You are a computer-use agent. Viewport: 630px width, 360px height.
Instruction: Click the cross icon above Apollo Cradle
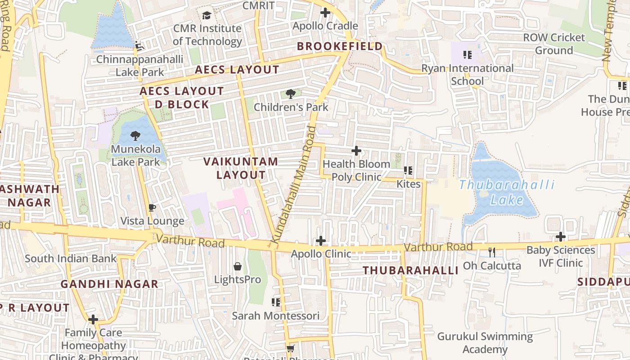click(325, 13)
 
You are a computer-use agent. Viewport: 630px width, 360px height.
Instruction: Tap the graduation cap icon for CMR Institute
click(207, 15)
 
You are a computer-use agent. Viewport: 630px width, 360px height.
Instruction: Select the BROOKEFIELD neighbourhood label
click(340, 46)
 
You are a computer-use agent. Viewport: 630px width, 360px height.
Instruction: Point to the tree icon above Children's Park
click(291, 94)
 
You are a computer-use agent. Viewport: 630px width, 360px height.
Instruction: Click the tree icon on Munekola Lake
click(135, 135)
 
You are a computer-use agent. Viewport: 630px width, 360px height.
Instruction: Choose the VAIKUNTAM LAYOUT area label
click(241, 168)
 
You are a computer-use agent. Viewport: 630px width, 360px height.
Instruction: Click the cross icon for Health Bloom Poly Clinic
click(356, 151)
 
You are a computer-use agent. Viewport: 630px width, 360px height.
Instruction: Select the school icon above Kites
click(408, 171)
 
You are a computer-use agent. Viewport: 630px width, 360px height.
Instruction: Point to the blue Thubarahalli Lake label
click(507, 192)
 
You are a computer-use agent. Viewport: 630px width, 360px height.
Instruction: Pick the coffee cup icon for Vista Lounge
click(152, 207)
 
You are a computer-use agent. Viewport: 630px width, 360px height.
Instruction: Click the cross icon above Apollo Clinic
click(320, 241)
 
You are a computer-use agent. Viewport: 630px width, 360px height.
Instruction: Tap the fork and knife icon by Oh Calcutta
click(492, 252)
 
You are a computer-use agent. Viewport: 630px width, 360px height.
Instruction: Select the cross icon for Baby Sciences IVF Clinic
click(560, 237)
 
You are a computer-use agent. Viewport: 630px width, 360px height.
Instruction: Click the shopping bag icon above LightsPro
click(238, 266)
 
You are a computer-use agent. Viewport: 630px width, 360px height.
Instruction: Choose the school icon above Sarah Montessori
click(276, 302)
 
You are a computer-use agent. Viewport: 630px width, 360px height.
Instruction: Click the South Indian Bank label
click(71, 259)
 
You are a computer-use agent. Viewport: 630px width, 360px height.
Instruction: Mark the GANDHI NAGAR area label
click(109, 284)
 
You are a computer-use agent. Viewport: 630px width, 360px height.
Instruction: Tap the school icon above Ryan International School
click(468, 55)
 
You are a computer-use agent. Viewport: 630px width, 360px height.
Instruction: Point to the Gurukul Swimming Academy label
click(485, 343)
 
